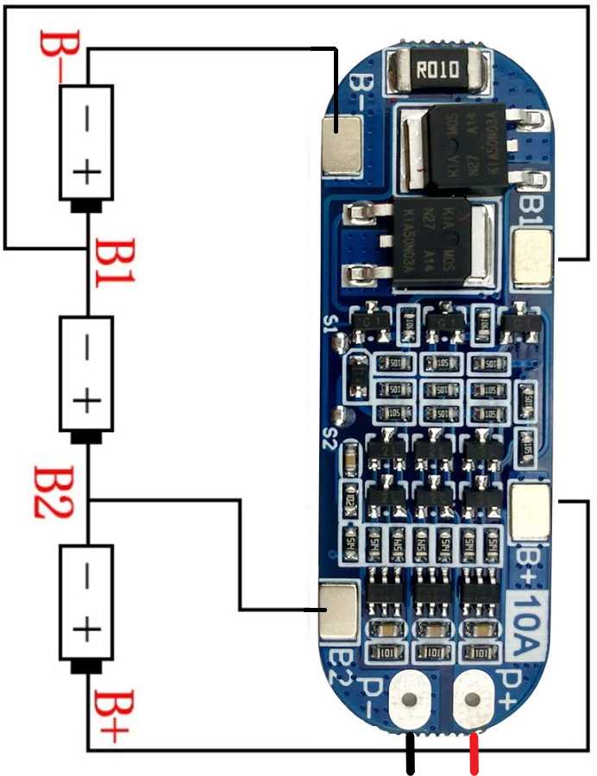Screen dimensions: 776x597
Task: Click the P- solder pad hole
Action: (410, 700)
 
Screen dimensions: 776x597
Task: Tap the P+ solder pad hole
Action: (473, 700)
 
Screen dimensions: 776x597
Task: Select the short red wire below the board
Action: (474, 754)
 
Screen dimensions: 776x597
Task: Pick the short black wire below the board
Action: (411, 754)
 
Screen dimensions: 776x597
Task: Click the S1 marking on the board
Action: (329, 325)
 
